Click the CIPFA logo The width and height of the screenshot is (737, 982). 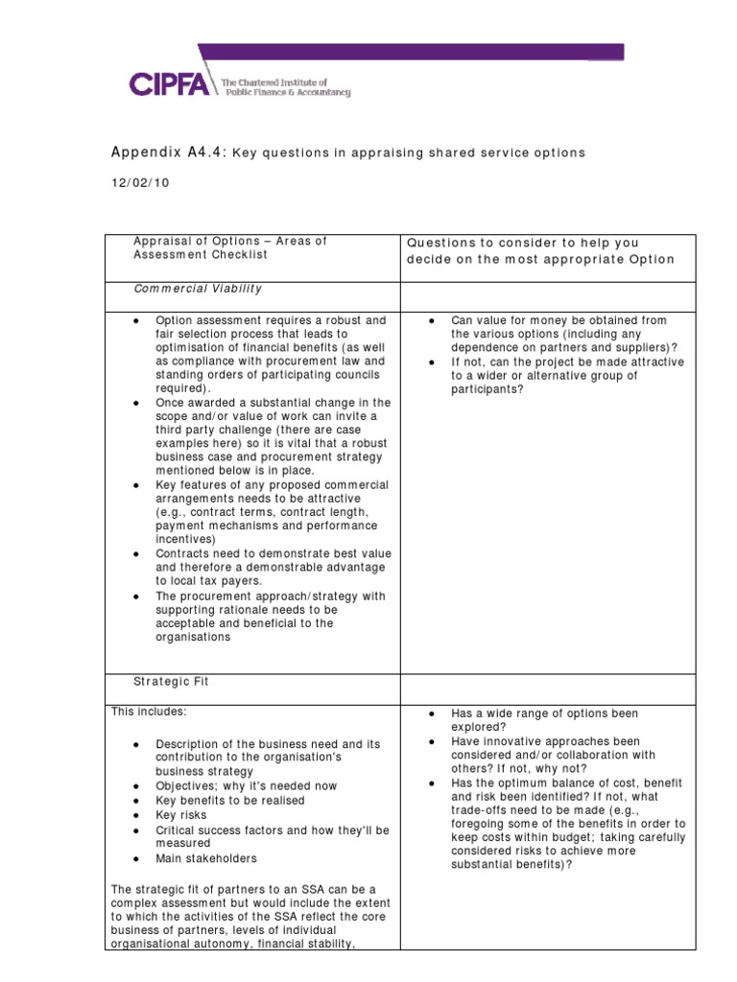point(170,84)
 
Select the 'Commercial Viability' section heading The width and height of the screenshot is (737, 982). point(197,288)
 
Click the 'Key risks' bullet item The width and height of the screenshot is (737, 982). point(180,814)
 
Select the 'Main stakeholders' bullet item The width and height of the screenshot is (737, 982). point(206,858)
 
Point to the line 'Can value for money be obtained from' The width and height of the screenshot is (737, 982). point(558,319)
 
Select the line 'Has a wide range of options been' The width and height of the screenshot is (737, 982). point(544,713)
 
